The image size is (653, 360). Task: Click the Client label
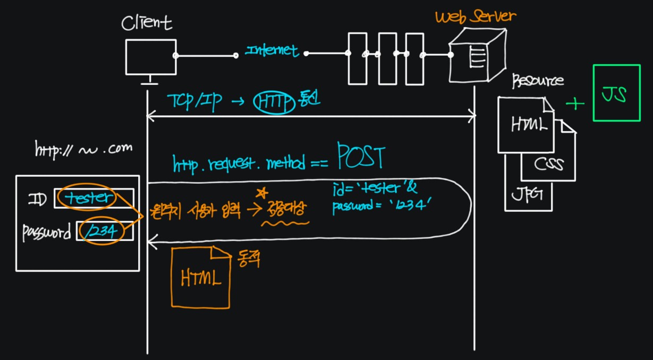(x=147, y=23)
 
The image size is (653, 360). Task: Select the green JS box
(x=616, y=94)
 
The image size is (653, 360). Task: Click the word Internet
(x=272, y=51)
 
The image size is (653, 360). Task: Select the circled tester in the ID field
(x=86, y=198)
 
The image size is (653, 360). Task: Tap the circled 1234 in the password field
(x=101, y=232)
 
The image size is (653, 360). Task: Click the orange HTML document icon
(x=200, y=278)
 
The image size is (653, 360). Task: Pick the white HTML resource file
(x=524, y=125)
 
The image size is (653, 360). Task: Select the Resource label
(x=537, y=81)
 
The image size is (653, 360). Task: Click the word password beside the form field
(x=47, y=233)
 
